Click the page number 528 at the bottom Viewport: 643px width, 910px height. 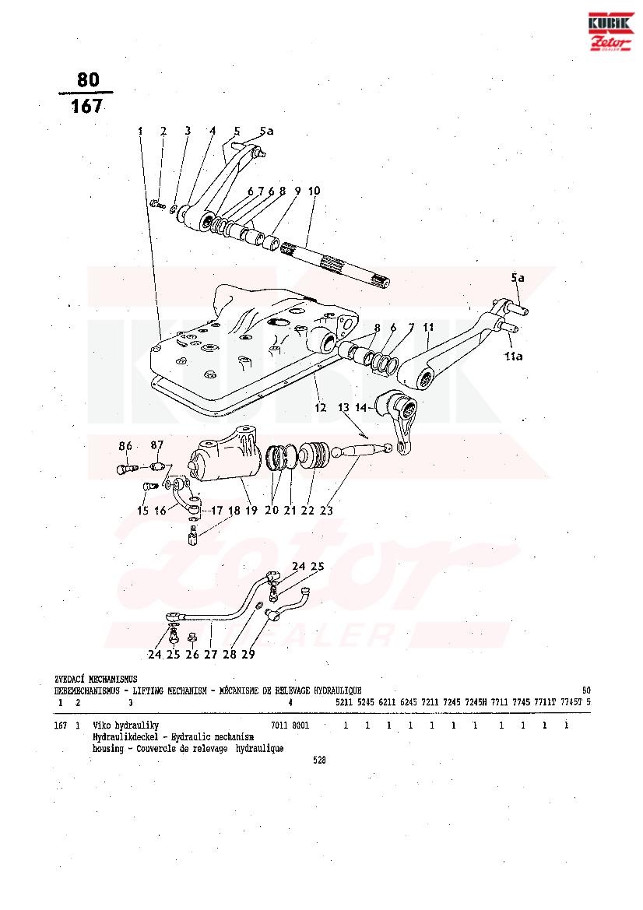coord(319,761)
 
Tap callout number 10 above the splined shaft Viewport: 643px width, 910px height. coord(313,191)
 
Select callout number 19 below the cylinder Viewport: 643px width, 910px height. coord(251,511)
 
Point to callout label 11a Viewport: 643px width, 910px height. coord(512,357)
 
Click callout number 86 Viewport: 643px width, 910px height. coord(125,446)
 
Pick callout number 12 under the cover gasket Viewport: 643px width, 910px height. coord(319,407)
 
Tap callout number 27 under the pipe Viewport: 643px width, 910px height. coord(210,655)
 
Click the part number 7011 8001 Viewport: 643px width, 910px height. coord(290,726)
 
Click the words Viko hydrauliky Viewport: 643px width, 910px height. coord(125,726)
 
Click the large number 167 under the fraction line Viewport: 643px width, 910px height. coord(86,107)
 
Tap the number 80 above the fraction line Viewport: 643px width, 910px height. coord(88,79)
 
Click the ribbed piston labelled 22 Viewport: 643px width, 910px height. coord(313,455)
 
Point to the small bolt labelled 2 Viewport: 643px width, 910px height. coord(156,204)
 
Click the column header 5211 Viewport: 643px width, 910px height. coord(344,702)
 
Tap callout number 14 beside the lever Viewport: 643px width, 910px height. coord(360,407)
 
